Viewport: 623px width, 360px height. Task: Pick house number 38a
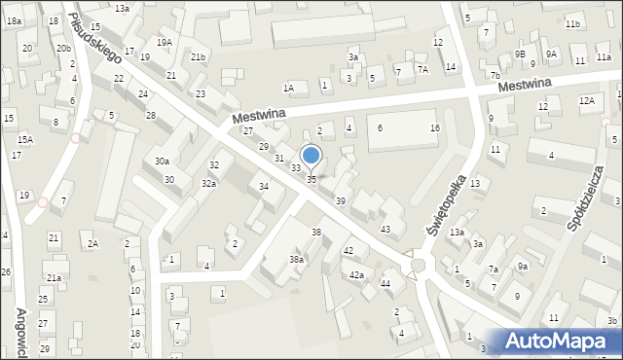[x=296, y=260]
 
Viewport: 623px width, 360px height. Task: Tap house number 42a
[x=357, y=275]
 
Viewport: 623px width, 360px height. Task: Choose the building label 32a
[x=208, y=184]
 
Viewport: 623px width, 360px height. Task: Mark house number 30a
[x=162, y=162]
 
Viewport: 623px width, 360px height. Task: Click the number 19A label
[x=165, y=42]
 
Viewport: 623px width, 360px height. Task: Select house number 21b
[x=198, y=57]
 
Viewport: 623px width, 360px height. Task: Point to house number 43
[x=385, y=230]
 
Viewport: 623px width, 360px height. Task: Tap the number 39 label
[x=340, y=200]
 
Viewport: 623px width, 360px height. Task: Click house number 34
[x=263, y=186]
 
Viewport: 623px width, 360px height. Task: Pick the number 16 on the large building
[x=435, y=128]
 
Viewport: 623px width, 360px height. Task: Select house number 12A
[x=586, y=100]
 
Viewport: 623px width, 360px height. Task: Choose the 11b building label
[x=572, y=23]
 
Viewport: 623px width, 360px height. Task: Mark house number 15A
[x=24, y=140]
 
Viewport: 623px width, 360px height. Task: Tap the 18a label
[x=14, y=20]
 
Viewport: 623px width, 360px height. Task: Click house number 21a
[x=55, y=278]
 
